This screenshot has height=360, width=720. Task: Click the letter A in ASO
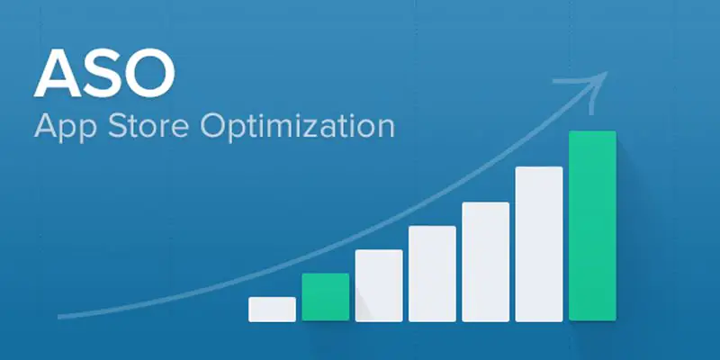58,73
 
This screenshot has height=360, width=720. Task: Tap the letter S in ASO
100,73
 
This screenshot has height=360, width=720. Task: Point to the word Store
148,125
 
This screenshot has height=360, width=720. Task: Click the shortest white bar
273,310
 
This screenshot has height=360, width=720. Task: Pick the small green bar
326,297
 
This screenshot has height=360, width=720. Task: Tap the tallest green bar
592,226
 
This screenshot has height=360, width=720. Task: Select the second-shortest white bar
379,285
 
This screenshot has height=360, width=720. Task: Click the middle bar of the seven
432,274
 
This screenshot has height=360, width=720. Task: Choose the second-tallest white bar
485,262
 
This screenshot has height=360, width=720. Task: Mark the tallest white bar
539,244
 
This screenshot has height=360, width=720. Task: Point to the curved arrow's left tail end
58,317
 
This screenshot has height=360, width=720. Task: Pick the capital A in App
46,125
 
